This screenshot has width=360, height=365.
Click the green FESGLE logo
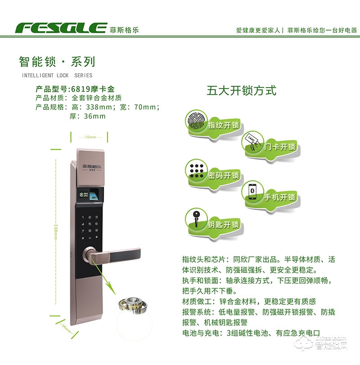coord(61,28)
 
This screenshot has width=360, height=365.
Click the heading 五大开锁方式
coord(241,90)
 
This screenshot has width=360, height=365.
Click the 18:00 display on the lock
coord(83,195)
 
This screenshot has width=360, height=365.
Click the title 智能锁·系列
coord(57,62)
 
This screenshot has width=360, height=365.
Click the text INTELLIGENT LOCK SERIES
coord(57,75)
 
